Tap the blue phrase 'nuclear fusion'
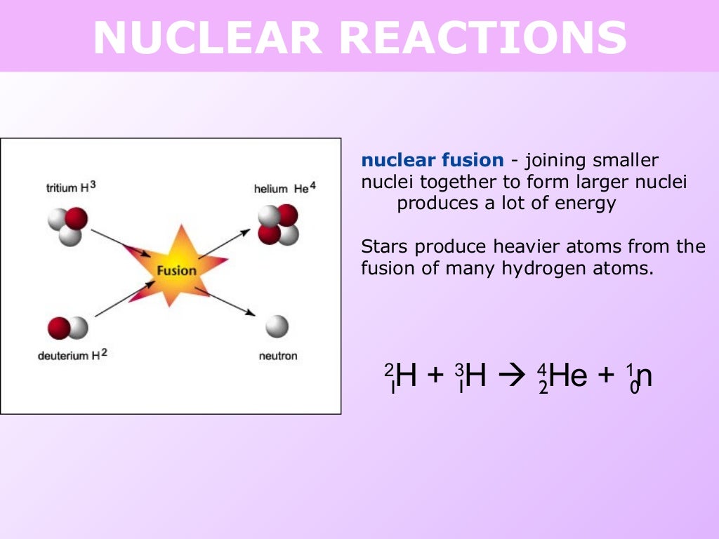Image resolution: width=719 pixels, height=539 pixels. coord(432,161)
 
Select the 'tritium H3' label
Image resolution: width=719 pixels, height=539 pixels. coord(70,187)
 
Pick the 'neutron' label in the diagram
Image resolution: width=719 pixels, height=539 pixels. coord(278,356)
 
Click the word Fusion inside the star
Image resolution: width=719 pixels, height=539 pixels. coord(176,270)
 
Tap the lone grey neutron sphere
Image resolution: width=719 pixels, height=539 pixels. coord(277,326)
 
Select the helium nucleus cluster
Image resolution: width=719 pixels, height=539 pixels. coord(278,224)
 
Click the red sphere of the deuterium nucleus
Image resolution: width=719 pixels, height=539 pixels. coord(59,328)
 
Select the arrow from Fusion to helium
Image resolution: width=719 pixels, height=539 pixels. coord(224,244)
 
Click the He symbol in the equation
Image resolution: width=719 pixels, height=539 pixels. coord(568,376)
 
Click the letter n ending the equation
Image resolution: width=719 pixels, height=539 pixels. coord(645,376)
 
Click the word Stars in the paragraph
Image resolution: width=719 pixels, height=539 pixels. coord(384,247)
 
